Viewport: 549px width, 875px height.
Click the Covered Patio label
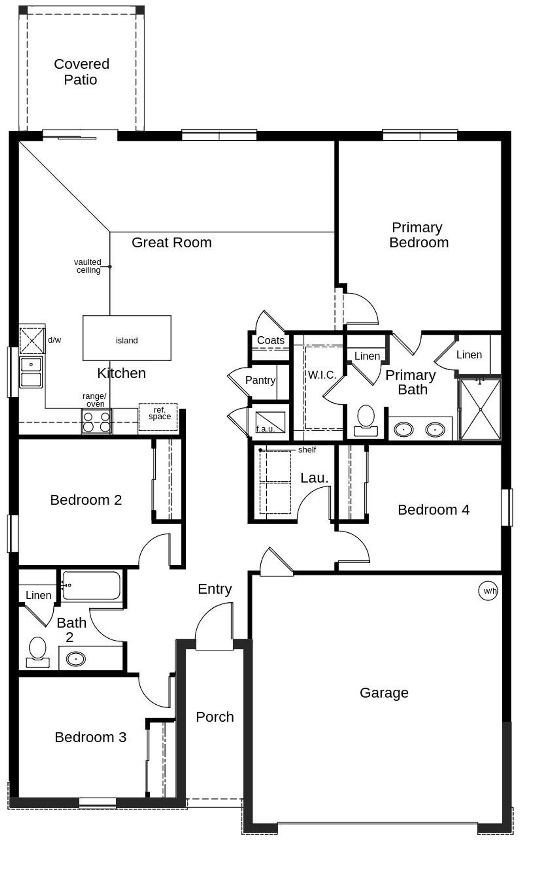(x=81, y=72)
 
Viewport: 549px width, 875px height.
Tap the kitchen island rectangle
(x=127, y=338)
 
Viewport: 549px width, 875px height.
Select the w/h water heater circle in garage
(x=488, y=591)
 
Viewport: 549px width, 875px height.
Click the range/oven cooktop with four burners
(x=97, y=421)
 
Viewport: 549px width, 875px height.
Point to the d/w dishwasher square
(x=32, y=341)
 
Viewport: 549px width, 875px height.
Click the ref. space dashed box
(x=158, y=416)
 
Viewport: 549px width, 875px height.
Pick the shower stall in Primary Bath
(x=480, y=409)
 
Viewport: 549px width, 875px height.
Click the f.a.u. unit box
(x=270, y=422)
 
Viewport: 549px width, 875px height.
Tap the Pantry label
(x=260, y=380)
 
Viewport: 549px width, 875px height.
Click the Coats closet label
(x=271, y=340)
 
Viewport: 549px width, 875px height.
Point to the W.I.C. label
(x=322, y=375)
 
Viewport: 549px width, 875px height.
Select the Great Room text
(x=172, y=242)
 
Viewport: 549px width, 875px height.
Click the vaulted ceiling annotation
(x=88, y=266)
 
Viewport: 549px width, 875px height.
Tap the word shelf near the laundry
(x=307, y=450)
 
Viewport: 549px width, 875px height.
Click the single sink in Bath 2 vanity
(x=75, y=658)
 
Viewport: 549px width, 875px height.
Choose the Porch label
(x=215, y=717)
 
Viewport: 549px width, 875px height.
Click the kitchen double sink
(x=31, y=372)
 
